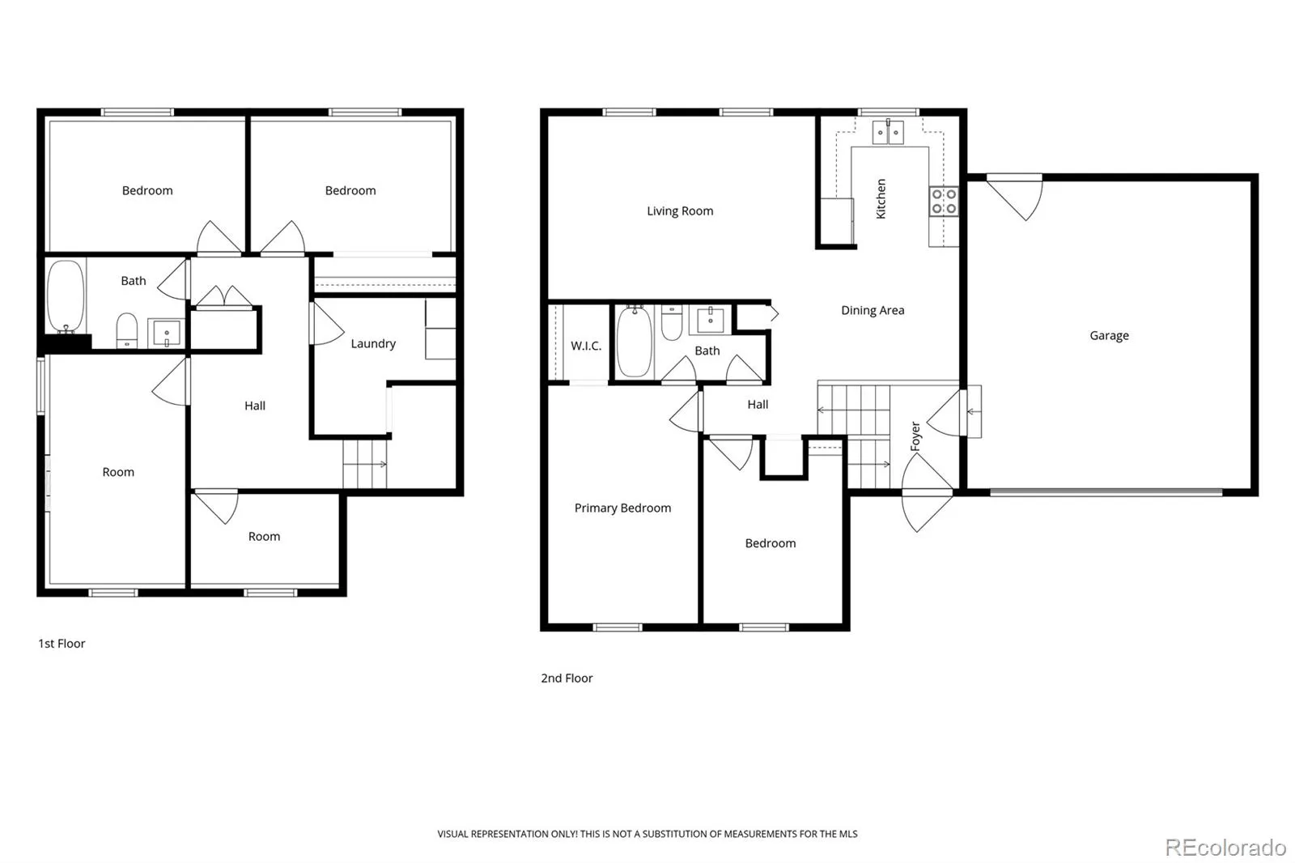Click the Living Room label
click(x=680, y=211)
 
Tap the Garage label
click(x=1109, y=335)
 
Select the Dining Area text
click(x=873, y=311)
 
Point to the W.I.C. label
click(x=586, y=346)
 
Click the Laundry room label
click(x=373, y=343)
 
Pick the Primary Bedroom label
click(x=622, y=508)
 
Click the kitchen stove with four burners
click(x=944, y=202)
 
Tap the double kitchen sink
click(x=888, y=132)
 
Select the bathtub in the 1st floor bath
click(x=66, y=296)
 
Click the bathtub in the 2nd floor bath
click(x=635, y=342)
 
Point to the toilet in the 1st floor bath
click(x=126, y=330)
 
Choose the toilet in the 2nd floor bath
click(x=671, y=323)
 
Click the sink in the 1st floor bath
click(x=167, y=334)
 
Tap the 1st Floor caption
click(x=62, y=644)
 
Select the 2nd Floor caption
click(x=567, y=678)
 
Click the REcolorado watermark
click(x=1225, y=848)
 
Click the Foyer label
click(x=915, y=436)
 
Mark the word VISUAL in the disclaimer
click(x=452, y=834)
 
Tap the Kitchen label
click(x=881, y=198)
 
